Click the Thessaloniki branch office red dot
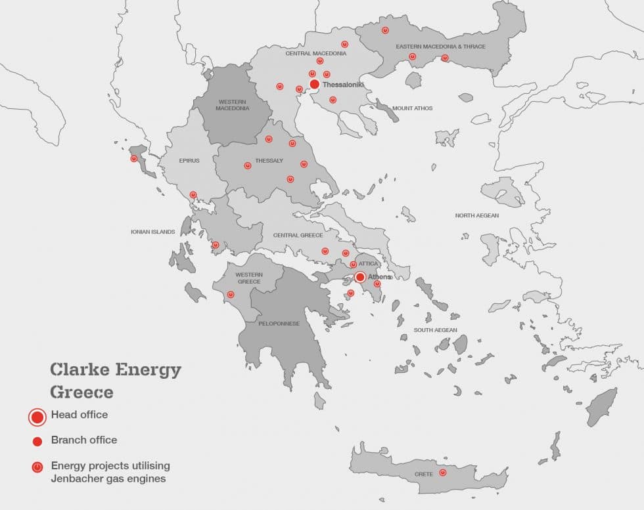tap(314, 84)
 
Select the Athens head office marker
tap(360, 277)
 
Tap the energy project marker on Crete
tap(442, 473)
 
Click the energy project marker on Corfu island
tap(134, 159)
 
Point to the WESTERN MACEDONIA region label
tap(233, 104)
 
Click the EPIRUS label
tap(189, 160)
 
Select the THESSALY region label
tap(269, 160)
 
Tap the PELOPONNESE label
tap(279, 324)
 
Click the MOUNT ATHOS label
tap(412, 108)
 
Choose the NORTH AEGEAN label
tap(476, 215)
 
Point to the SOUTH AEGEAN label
tap(435, 330)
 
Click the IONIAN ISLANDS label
tap(153, 232)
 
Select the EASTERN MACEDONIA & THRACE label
tap(440, 47)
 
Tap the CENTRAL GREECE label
tap(298, 235)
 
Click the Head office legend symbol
tap(37, 416)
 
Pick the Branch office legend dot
tap(37, 441)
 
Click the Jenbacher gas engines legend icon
tap(37, 467)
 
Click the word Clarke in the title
tap(80, 370)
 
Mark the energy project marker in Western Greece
tap(230, 295)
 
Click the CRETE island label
tap(423, 474)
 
